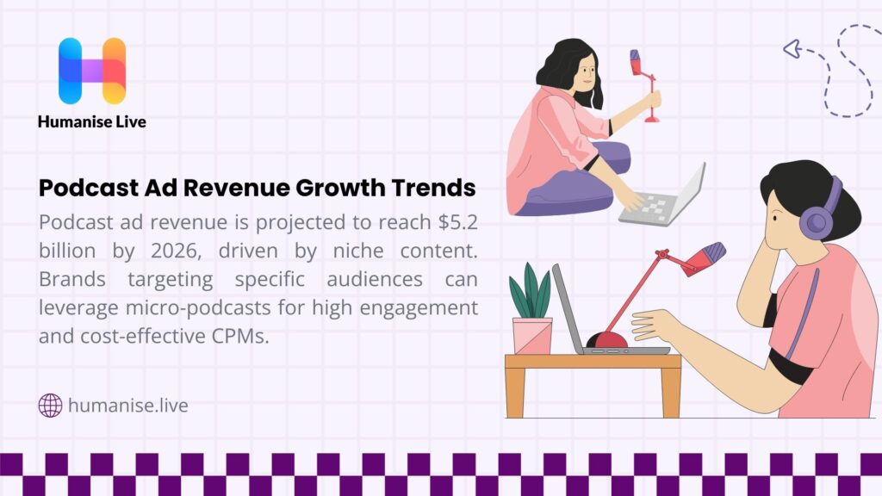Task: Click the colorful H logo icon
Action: point(92,71)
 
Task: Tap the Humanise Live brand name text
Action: point(92,122)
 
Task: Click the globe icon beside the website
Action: point(51,405)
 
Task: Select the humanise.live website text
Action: point(127,405)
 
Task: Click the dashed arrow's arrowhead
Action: point(790,48)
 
